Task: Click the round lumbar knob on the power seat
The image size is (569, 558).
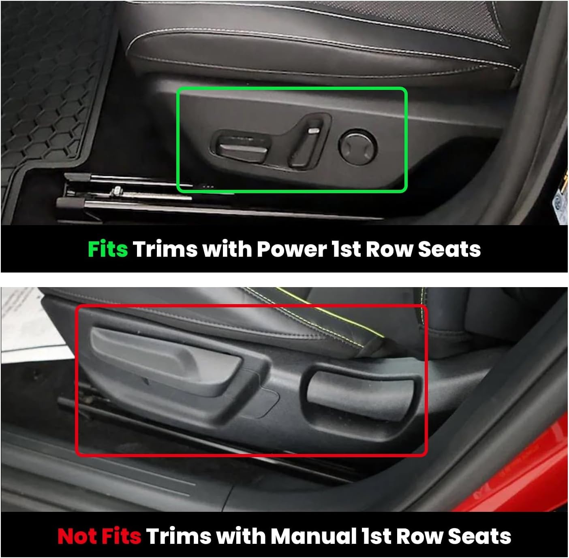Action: click(x=358, y=147)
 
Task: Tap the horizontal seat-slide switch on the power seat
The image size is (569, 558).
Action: click(x=242, y=149)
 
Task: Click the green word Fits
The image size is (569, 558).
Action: click(x=108, y=249)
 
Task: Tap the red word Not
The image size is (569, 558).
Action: click(x=77, y=536)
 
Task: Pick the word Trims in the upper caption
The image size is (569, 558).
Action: click(x=165, y=249)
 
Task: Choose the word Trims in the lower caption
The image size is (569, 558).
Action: click(x=179, y=536)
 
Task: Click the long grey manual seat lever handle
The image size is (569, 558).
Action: click(x=165, y=360)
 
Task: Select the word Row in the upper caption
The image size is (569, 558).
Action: click(x=389, y=249)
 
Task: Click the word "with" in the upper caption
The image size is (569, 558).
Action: click(x=227, y=249)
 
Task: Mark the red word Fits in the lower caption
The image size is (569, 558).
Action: click(x=121, y=536)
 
